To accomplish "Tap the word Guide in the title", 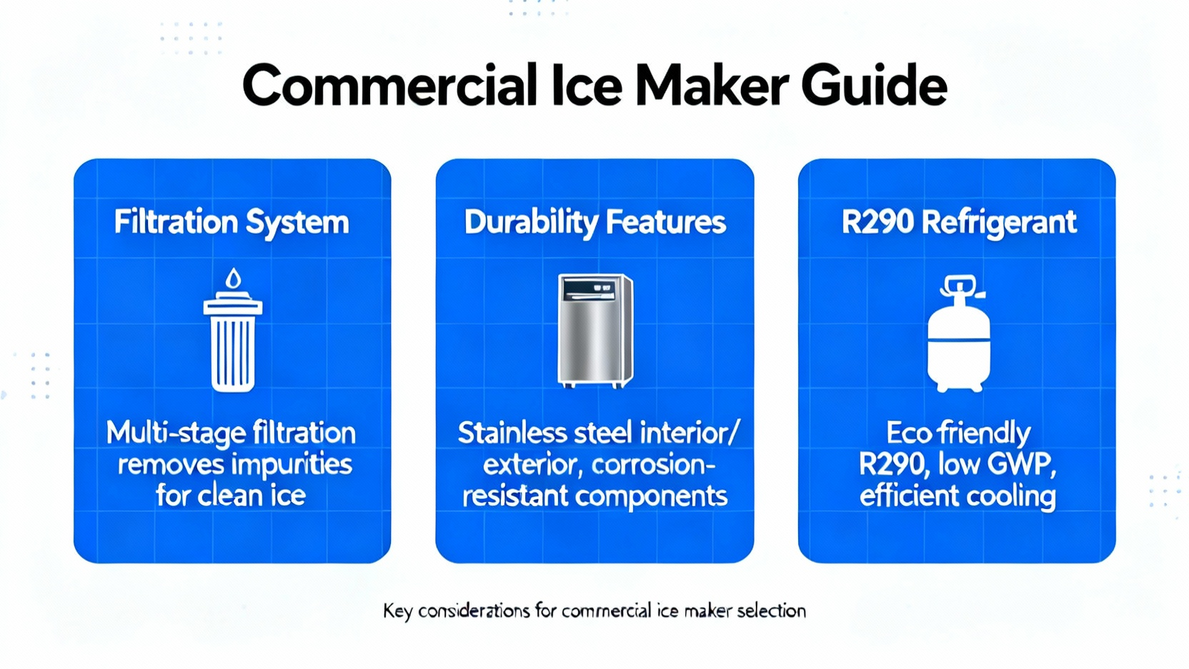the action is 874,85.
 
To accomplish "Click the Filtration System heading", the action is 231,223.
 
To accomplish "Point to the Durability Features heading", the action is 594,223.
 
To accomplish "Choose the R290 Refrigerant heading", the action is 959,223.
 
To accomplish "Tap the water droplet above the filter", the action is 233,278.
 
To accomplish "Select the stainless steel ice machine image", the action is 595,330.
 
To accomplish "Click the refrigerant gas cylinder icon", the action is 959,334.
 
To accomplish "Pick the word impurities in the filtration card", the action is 293,465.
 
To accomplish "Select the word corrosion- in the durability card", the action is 653,465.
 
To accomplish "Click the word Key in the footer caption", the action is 397,612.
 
